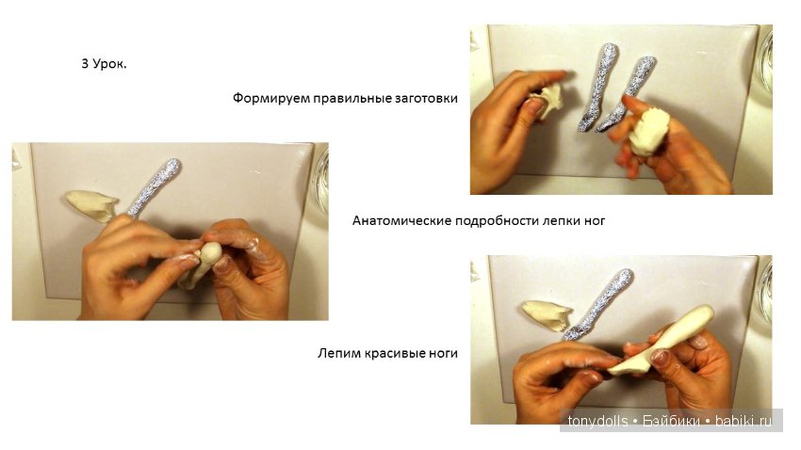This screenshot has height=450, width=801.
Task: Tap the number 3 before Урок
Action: coord(85,65)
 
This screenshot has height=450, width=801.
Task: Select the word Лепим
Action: coord(338,354)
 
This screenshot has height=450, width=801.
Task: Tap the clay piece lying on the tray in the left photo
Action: coord(91,204)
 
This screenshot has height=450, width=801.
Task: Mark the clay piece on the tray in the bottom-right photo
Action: coord(547,314)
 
